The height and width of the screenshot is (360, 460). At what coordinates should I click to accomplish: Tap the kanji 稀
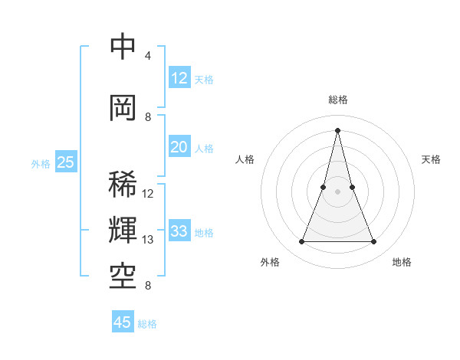pos(123,185)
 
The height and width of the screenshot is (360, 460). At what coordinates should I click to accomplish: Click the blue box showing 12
pos(179,78)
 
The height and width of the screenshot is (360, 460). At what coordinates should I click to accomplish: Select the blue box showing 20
pos(179,147)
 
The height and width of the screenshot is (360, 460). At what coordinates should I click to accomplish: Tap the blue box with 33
pos(179,231)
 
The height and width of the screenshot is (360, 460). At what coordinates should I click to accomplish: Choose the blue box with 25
pos(65,162)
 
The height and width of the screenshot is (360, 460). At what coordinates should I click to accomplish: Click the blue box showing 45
pos(123,322)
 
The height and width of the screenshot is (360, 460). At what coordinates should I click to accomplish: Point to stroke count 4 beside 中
pos(148,56)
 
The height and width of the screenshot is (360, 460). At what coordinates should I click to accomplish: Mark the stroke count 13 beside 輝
pos(148,240)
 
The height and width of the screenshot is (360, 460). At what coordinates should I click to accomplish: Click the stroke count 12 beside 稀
pos(148,194)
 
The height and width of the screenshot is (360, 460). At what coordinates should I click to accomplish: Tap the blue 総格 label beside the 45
pos(147,324)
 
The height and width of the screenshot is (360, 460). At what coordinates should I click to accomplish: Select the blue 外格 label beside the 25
pos(40,163)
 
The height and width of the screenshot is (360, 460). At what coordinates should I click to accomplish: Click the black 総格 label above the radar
pos(337,100)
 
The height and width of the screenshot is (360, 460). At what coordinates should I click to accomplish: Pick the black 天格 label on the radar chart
pos(431,159)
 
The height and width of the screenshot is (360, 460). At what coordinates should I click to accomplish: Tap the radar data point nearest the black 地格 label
pos(374,242)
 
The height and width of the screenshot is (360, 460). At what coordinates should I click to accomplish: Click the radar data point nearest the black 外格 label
pos(301,242)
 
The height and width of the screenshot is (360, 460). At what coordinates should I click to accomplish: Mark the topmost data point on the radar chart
pos(337,129)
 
